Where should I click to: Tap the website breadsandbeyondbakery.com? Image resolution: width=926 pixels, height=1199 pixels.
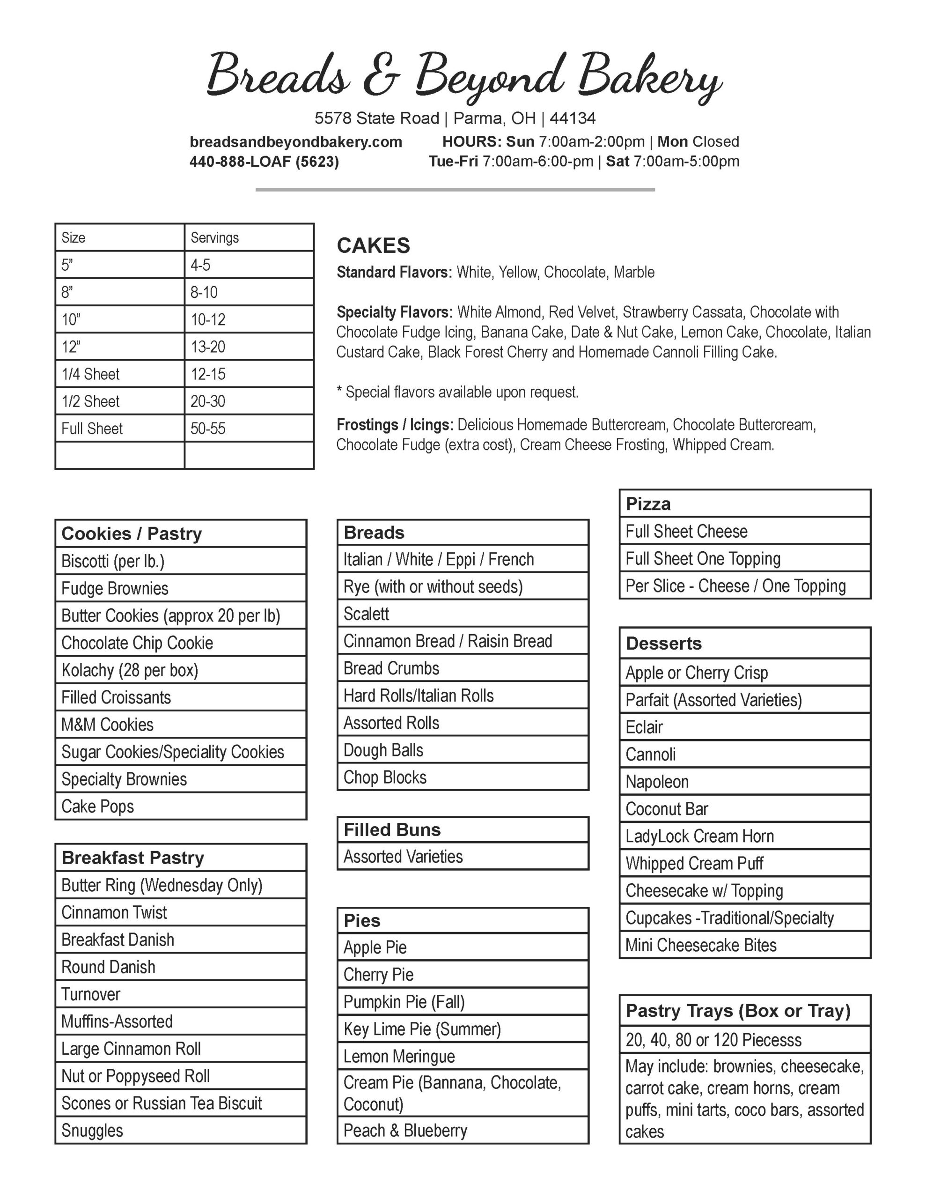(295, 142)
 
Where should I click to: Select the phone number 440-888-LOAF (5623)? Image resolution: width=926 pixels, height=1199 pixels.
(264, 162)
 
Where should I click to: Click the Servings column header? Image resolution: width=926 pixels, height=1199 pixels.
(214, 238)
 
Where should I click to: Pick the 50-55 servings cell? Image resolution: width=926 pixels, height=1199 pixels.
(208, 429)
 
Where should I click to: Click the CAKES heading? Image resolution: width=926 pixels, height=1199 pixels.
(373, 245)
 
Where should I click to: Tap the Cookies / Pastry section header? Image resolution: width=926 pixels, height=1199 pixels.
(132, 533)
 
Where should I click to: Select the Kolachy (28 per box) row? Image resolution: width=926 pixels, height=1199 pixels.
(130, 670)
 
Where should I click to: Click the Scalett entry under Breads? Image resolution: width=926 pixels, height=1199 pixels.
(366, 614)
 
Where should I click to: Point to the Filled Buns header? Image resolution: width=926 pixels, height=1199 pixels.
(392, 829)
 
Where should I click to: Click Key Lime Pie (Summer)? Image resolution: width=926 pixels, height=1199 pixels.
(422, 1029)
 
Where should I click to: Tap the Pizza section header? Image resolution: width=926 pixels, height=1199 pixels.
(648, 504)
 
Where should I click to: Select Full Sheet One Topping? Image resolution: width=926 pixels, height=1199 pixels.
(703, 559)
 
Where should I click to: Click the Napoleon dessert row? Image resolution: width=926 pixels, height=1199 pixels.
(657, 782)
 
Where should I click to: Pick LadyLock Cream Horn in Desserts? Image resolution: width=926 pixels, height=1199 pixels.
(699, 836)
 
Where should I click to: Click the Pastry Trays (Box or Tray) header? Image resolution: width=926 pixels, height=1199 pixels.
(738, 1011)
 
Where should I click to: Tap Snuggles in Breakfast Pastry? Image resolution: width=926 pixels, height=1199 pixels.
(92, 1130)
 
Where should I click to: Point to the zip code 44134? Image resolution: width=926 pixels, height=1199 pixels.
(573, 118)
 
